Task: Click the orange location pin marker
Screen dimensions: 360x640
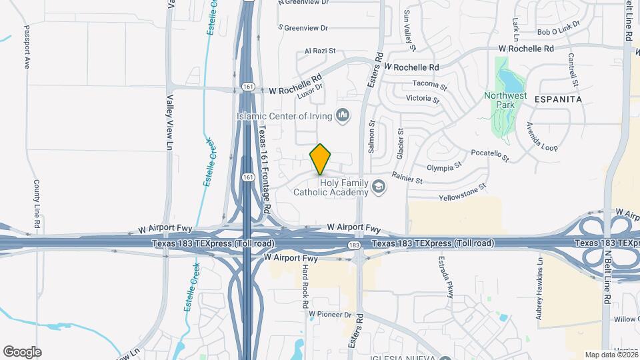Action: point(321,159)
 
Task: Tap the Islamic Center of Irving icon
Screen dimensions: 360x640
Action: point(343,116)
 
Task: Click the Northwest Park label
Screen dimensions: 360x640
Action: point(505,100)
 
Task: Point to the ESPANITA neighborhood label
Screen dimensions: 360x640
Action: point(557,99)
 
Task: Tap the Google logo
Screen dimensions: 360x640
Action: point(22,351)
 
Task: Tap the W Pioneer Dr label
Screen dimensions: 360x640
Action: point(329,313)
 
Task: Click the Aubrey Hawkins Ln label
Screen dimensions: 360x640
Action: point(540,288)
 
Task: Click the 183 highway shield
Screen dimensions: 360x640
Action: point(353,247)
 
